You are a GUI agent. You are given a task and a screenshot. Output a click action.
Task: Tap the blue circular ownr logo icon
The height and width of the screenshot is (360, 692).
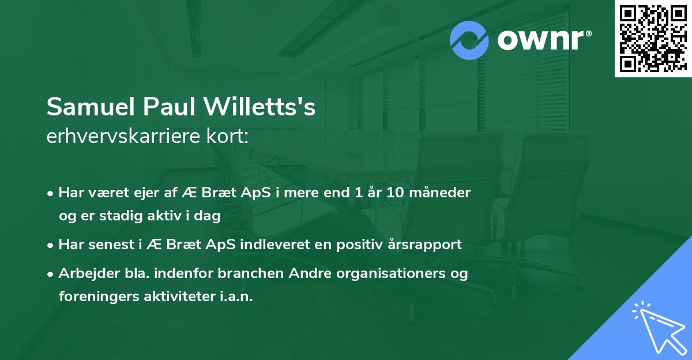(x=470, y=40)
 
